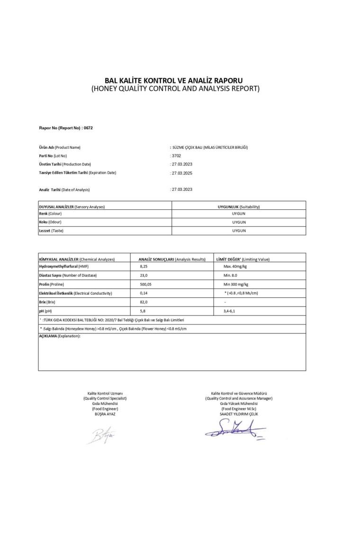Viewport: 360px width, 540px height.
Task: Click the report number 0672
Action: tap(88, 128)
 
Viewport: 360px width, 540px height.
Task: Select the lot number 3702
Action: tap(176, 155)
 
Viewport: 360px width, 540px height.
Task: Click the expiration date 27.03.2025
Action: tap(182, 173)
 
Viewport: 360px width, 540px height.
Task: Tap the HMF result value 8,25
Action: tap(144, 267)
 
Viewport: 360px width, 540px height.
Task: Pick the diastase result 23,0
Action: tap(144, 275)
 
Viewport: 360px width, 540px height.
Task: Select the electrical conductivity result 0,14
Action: tap(144, 293)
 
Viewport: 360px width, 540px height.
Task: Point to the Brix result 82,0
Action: tap(144, 302)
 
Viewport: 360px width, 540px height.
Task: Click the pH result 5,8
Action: tap(143, 311)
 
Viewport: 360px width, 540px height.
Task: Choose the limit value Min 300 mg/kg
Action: tap(236, 284)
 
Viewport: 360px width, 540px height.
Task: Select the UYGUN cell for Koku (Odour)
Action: tap(239, 222)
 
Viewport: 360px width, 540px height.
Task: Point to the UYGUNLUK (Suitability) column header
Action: tap(239, 207)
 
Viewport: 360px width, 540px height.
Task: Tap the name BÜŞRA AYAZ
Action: tap(105, 414)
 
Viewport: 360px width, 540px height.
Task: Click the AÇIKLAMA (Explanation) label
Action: tap(59, 336)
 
